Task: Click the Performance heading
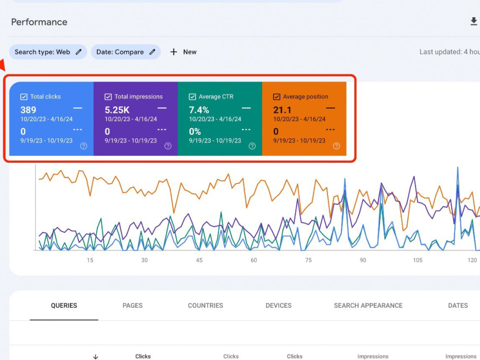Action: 39,22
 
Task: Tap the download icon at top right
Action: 474,22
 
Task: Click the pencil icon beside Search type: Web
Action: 79,52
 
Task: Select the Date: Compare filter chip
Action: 126,52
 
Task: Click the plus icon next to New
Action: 174,52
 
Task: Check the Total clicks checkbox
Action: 24,97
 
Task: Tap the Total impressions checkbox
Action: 108,97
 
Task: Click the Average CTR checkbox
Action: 192,97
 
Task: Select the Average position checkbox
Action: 276,97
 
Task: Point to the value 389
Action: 28,110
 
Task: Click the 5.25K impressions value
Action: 117,110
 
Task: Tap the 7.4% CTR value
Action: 199,110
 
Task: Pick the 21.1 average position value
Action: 282,110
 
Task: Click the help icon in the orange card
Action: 336,146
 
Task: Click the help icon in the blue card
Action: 84,146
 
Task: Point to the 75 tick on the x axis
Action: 308,260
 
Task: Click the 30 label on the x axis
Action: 144,260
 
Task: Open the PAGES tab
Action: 132,305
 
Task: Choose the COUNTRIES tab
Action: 205,305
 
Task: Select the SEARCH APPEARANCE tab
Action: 368,305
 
